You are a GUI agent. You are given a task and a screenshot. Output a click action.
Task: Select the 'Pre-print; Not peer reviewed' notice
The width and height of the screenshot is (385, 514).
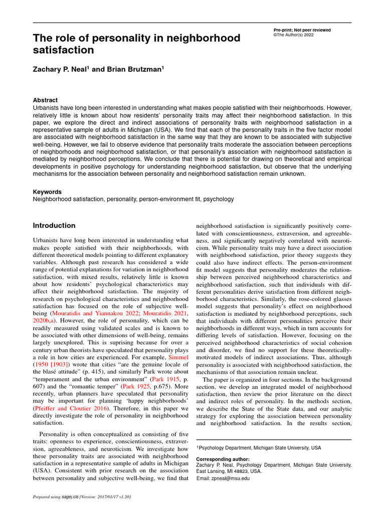[x=298, y=30]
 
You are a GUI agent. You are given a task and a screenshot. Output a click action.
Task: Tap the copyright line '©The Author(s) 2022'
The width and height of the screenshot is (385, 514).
[x=293, y=35]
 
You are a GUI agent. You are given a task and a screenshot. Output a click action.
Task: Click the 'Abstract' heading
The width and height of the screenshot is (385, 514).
[x=45, y=100]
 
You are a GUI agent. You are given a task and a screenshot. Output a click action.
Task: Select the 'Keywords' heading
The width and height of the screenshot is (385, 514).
[x=47, y=192]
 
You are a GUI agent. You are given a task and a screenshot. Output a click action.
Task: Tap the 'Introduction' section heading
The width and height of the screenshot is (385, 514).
[x=54, y=225]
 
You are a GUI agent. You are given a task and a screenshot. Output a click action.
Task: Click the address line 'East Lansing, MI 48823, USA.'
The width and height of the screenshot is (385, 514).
[x=229, y=472]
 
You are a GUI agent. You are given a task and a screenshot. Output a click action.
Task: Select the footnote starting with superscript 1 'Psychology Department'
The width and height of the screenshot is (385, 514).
[x=258, y=447]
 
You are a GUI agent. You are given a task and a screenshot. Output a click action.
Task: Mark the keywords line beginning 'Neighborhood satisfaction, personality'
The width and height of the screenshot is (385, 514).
[x=133, y=199]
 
